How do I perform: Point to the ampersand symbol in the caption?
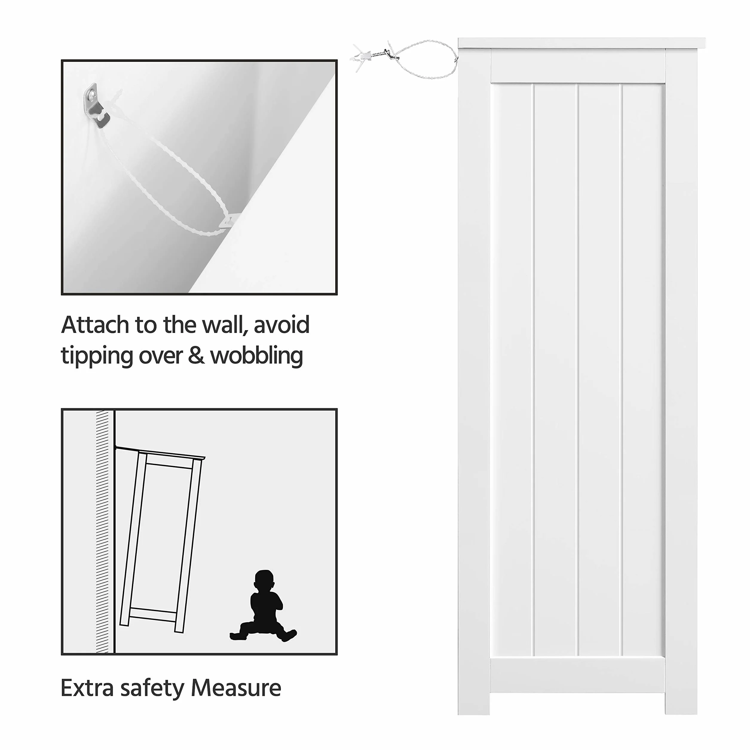[x=196, y=356]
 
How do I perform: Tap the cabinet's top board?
[x=581, y=43]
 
